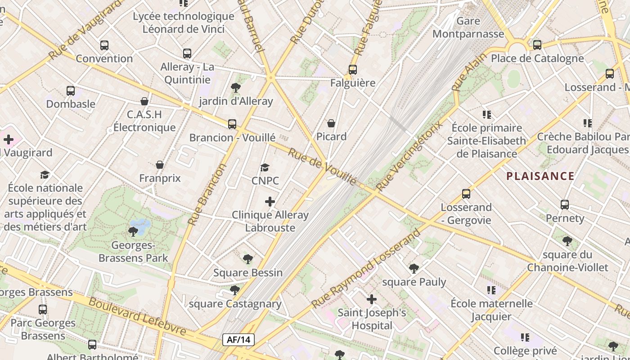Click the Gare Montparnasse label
(x=468, y=27)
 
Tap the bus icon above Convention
(x=104, y=45)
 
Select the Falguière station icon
(x=353, y=70)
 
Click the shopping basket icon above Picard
(x=331, y=123)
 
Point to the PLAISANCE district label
(x=540, y=176)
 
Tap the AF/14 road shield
(x=238, y=340)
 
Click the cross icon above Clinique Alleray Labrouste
(x=270, y=202)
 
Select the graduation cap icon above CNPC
(x=265, y=168)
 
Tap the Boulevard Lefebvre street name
(x=137, y=316)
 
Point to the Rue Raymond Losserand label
(x=367, y=269)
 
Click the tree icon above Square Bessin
(x=247, y=259)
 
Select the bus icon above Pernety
(x=565, y=205)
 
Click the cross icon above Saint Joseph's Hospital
(x=372, y=299)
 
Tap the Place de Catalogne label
(x=537, y=58)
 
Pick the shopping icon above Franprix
(x=160, y=165)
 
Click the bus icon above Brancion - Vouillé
(x=232, y=124)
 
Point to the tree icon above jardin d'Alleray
(x=235, y=87)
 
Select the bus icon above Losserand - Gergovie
(x=466, y=194)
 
